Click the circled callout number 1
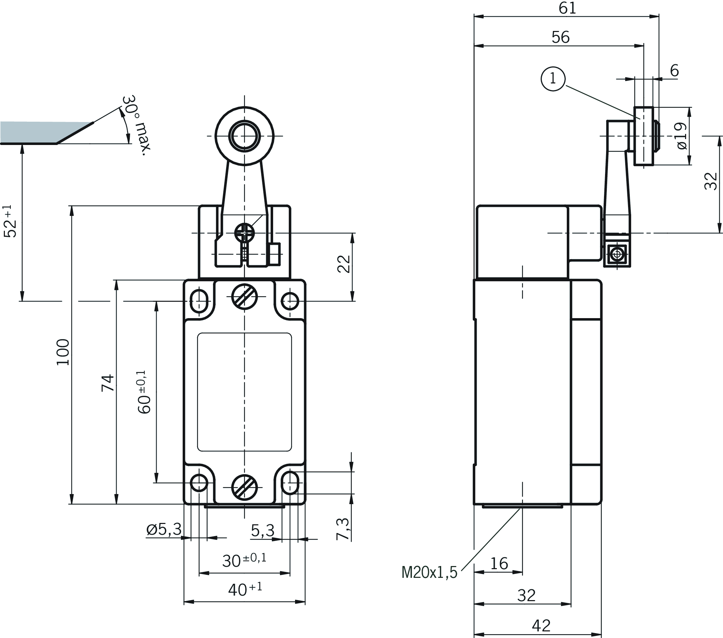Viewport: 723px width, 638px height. pyautogui.click(x=553, y=79)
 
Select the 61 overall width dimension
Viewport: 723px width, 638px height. pyautogui.click(x=567, y=8)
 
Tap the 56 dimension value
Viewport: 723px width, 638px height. pyautogui.click(x=561, y=37)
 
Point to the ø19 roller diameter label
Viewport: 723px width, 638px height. pyautogui.click(x=681, y=136)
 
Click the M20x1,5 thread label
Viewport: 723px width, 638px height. pyautogui.click(x=429, y=572)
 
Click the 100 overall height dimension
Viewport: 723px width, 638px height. pyautogui.click(x=63, y=353)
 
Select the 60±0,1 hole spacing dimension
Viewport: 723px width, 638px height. pyautogui.click(x=143, y=392)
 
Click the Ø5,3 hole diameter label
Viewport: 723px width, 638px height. pyautogui.click(x=164, y=530)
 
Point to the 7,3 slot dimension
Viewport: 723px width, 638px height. pyautogui.click(x=342, y=529)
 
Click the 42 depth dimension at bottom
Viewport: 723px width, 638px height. pyautogui.click(x=541, y=625)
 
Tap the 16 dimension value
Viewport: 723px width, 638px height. pyautogui.click(x=499, y=563)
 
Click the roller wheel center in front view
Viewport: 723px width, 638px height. pyautogui.click(x=244, y=136)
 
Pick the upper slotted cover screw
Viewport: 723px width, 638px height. pyautogui.click(x=244, y=296)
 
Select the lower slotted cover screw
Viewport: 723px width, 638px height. pyautogui.click(x=244, y=487)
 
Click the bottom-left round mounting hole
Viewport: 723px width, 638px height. pyautogui.click(x=199, y=483)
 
